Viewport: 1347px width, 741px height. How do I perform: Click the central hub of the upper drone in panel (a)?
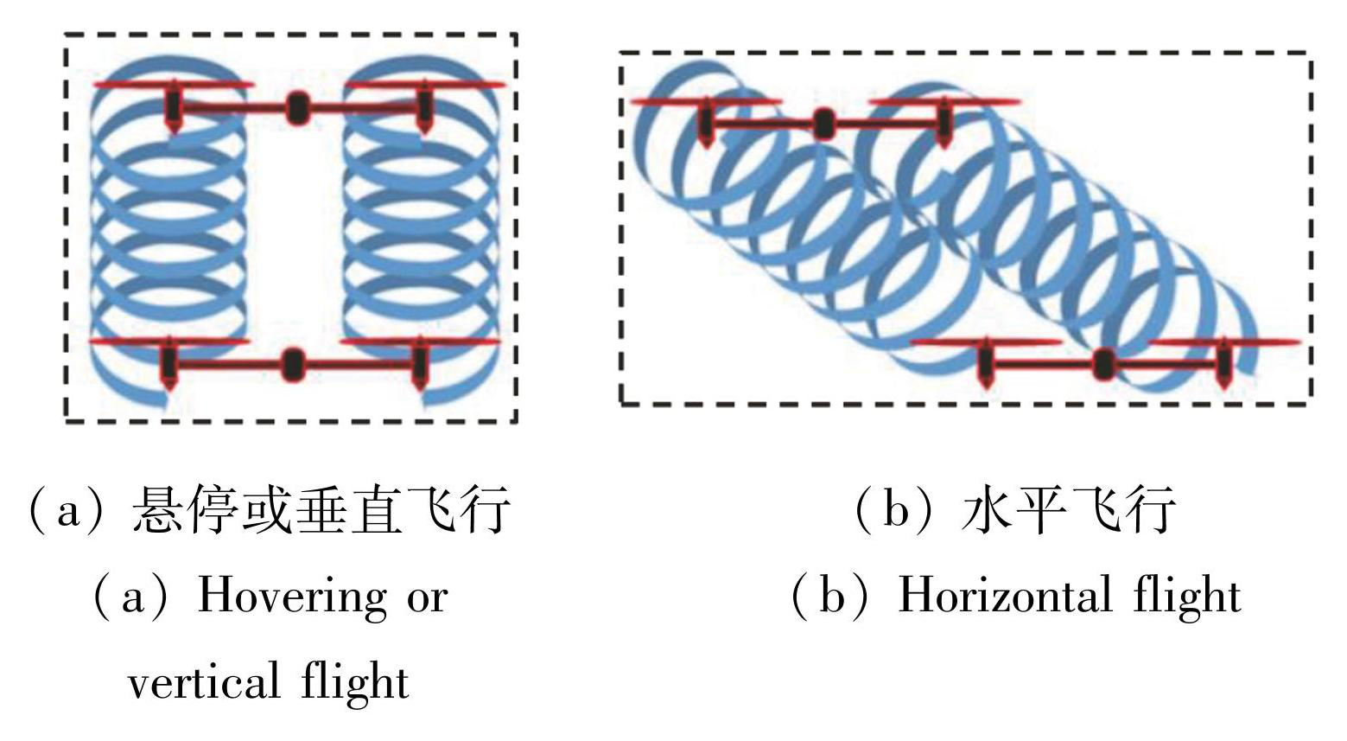pos(297,107)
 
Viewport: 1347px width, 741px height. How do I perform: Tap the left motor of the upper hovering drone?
pos(174,105)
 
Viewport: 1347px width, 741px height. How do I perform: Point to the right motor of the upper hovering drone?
pos(424,105)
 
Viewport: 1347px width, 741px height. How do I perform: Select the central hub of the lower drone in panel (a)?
pos(293,364)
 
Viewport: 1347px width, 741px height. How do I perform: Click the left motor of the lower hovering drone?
pos(169,363)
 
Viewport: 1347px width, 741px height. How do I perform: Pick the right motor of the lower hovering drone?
pos(419,363)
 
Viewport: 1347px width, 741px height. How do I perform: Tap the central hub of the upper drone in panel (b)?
pos(823,125)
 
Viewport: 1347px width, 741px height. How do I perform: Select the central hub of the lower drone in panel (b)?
pos(1102,364)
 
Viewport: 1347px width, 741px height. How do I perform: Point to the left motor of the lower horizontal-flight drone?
pos(984,362)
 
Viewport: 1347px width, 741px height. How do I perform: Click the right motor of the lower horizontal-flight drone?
pos(1223,362)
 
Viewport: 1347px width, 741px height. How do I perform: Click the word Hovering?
pos(292,597)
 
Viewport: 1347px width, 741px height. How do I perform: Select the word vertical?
pos(204,680)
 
